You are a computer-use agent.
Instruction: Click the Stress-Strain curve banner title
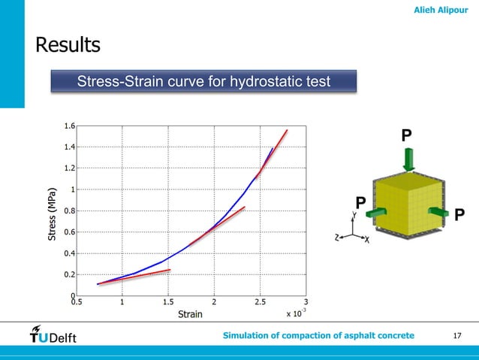(x=203, y=80)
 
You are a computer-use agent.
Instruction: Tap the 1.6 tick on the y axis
(x=68, y=126)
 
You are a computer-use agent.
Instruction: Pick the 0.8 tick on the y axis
(x=68, y=211)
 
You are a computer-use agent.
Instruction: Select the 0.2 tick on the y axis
(x=68, y=275)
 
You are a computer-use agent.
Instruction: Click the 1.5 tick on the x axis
(x=168, y=304)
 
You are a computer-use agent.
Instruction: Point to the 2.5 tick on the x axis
(x=261, y=304)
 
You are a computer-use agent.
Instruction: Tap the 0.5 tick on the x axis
(x=76, y=304)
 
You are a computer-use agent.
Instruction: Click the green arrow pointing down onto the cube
(x=408, y=159)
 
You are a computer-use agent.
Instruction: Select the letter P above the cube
(x=406, y=136)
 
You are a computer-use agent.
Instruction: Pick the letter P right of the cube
(x=459, y=216)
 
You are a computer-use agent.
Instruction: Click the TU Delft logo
(x=53, y=335)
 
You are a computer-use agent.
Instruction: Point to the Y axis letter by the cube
(x=354, y=213)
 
